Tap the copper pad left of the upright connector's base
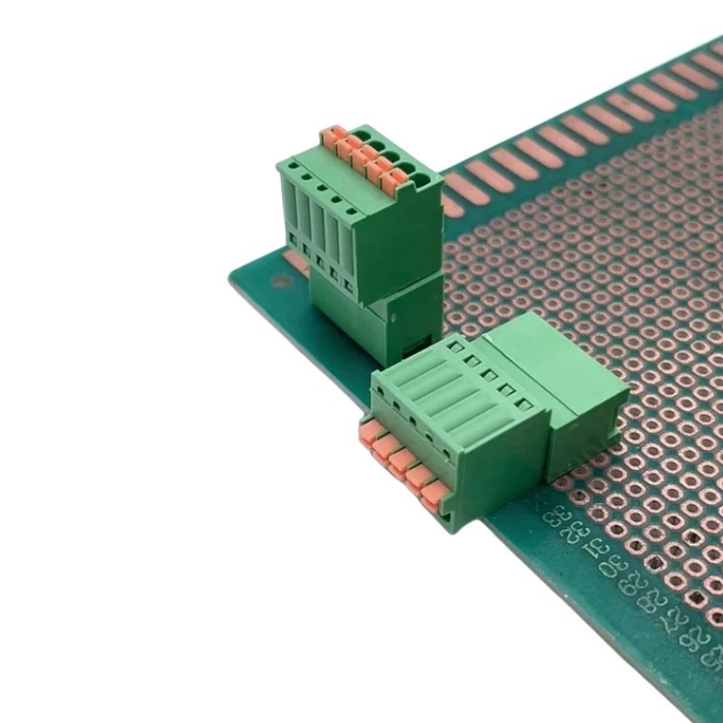pos(295,260)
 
